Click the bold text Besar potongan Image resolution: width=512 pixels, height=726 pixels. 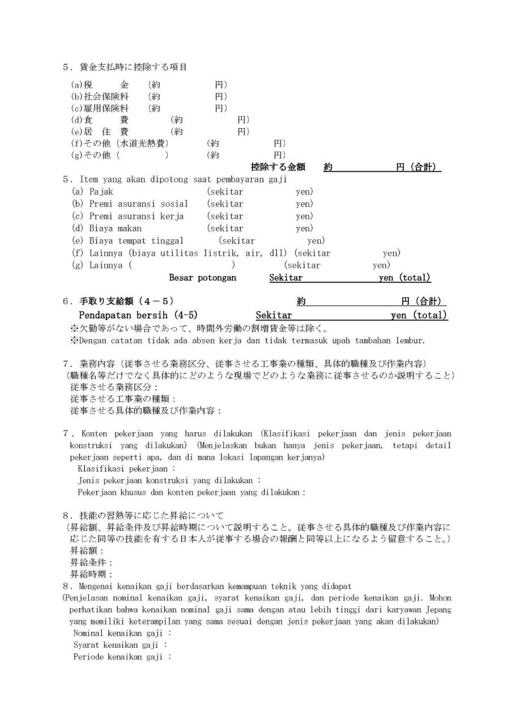point(203,278)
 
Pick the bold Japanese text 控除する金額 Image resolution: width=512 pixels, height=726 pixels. point(278,167)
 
